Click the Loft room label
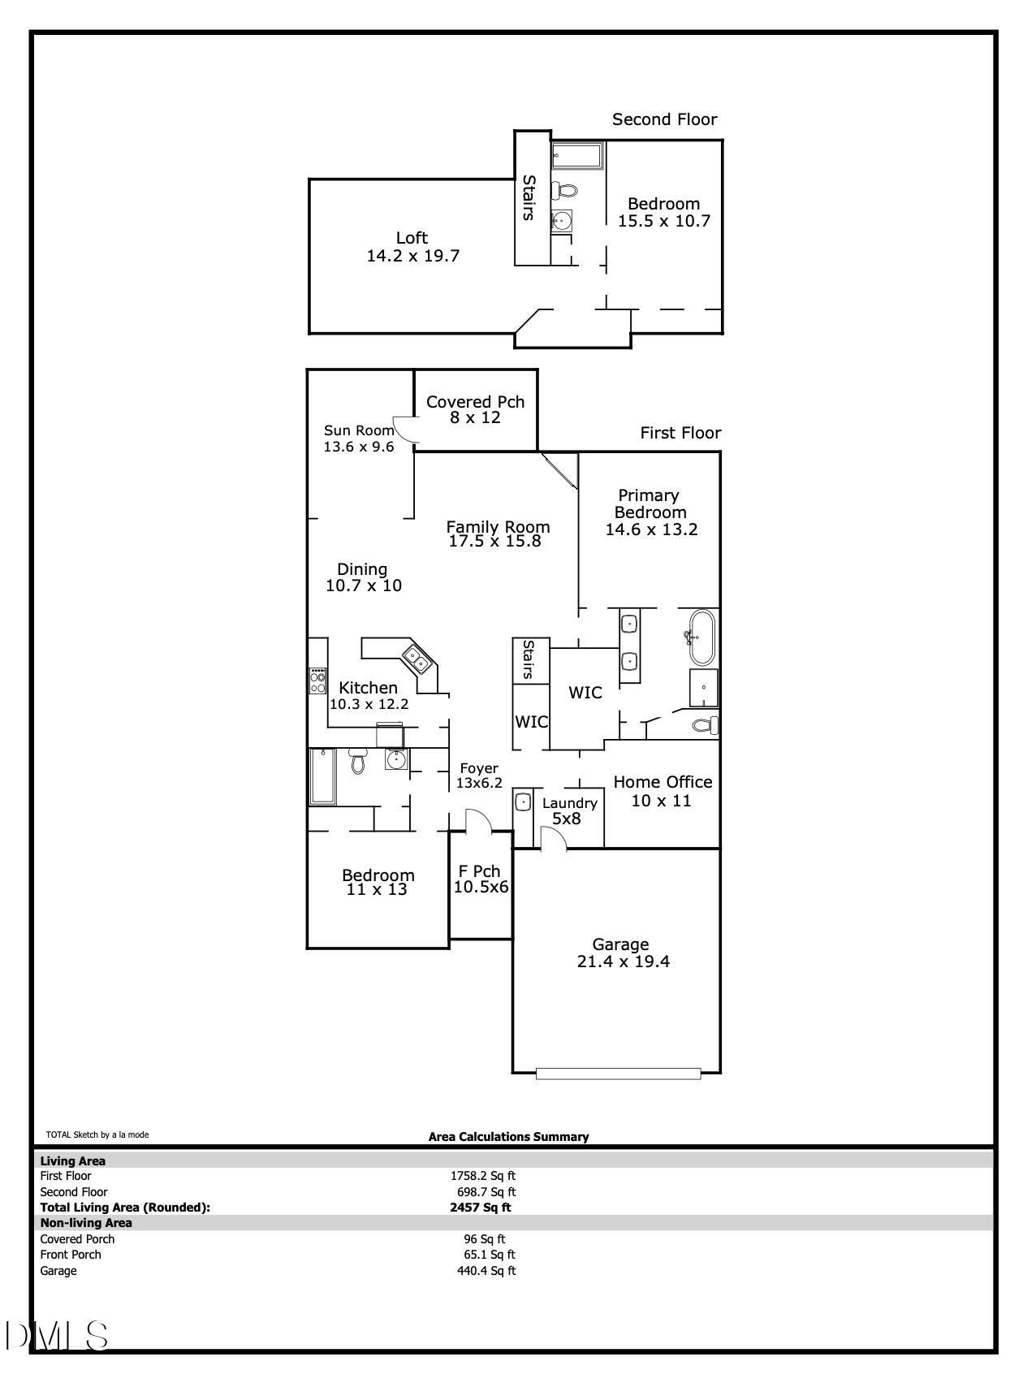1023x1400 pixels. (x=412, y=238)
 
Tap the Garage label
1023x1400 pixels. (x=620, y=944)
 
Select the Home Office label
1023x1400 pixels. (x=663, y=782)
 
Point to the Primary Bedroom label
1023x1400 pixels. (x=650, y=503)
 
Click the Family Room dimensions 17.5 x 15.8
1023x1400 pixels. (x=494, y=542)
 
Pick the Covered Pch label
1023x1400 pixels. (x=475, y=401)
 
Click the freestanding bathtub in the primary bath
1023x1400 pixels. (x=699, y=637)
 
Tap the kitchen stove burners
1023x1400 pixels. (x=317, y=681)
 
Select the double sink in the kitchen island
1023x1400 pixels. (x=418, y=660)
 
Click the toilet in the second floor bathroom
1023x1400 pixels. (x=566, y=191)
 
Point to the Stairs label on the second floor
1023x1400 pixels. (x=529, y=197)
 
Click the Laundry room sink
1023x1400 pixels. (x=523, y=802)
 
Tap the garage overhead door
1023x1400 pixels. (x=618, y=1074)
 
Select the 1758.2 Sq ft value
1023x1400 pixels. (x=483, y=1176)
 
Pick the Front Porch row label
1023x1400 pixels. (x=71, y=1255)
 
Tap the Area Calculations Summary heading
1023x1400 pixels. (x=508, y=1137)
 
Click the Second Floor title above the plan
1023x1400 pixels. (x=665, y=119)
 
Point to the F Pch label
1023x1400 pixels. (x=481, y=871)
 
